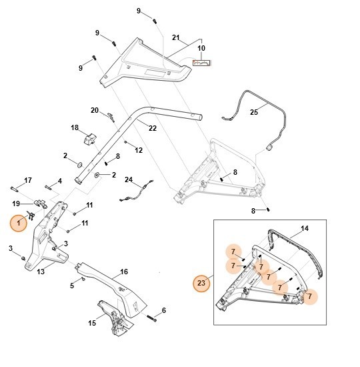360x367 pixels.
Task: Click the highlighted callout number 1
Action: (x=19, y=224)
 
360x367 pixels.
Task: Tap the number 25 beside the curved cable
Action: (x=253, y=113)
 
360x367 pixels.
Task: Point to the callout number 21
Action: (x=176, y=37)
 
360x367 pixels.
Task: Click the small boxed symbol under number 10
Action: (x=201, y=63)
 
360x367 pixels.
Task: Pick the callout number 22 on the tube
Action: (x=152, y=129)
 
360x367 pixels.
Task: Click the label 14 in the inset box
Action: (x=304, y=229)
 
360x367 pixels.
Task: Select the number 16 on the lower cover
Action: (x=123, y=272)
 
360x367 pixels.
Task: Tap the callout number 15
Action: (x=92, y=323)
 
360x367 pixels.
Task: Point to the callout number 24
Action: (x=129, y=179)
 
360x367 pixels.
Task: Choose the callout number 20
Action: (x=95, y=110)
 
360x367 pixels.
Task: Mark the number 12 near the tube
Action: (x=139, y=151)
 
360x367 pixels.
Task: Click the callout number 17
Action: (x=28, y=180)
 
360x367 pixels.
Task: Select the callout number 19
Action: (x=15, y=203)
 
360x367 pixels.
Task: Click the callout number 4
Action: (x=59, y=180)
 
